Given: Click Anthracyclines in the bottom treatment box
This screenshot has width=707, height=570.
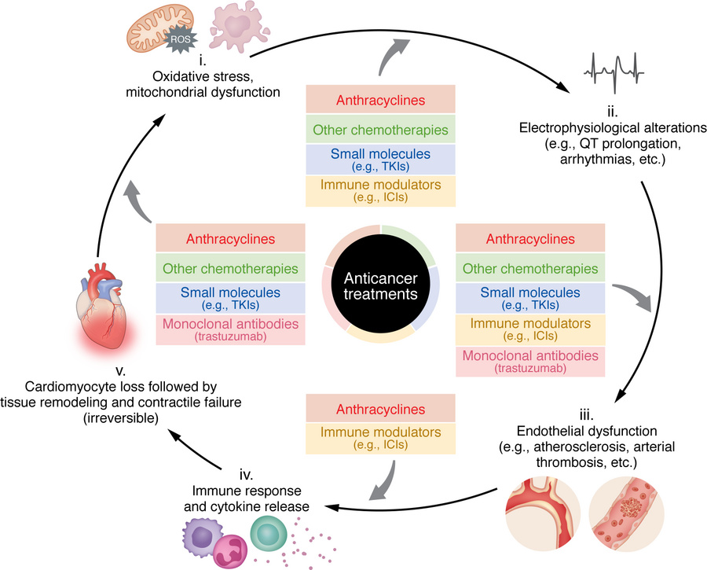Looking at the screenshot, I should tap(374, 409).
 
